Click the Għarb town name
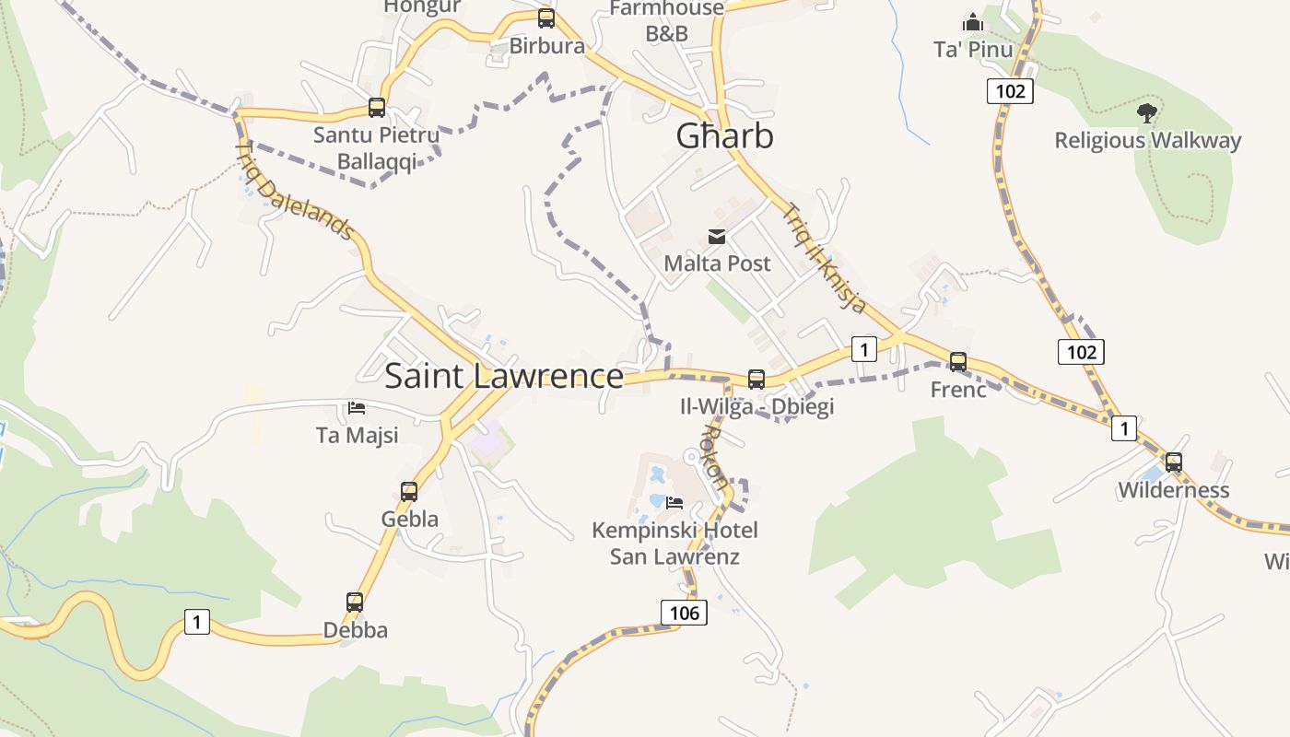pyautogui.click(x=724, y=136)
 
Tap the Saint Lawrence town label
pyautogui.click(x=504, y=376)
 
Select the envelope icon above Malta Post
pyautogui.click(x=717, y=237)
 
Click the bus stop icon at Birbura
pyautogui.click(x=546, y=18)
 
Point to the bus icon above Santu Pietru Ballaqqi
pyautogui.click(x=376, y=108)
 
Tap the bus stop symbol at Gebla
pyautogui.click(x=409, y=492)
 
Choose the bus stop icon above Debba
pyautogui.click(x=355, y=602)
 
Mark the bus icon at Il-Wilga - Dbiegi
pyautogui.click(x=756, y=379)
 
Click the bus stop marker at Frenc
pyautogui.click(x=958, y=362)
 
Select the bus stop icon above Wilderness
pyautogui.click(x=1173, y=462)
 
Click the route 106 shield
pyautogui.click(x=685, y=613)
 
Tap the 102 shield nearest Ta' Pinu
pyautogui.click(x=1010, y=91)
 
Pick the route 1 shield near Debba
pyautogui.click(x=196, y=622)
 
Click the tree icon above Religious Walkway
pyautogui.click(x=1147, y=113)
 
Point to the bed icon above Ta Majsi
pyautogui.click(x=357, y=407)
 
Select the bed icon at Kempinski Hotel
pyautogui.click(x=674, y=502)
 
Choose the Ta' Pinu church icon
pyautogui.click(x=973, y=22)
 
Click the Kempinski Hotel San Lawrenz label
pyautogui.click(x=674, y=544)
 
